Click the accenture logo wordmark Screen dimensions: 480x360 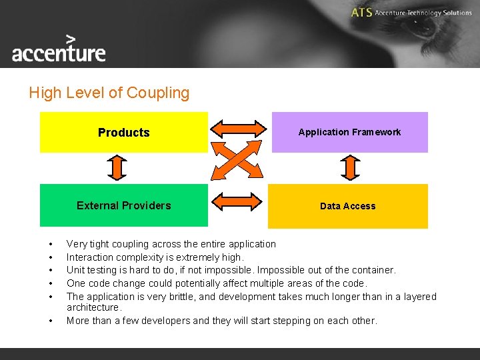click(59, 53)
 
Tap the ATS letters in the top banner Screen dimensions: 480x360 click(361, 13)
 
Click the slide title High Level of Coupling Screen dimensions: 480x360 click(109, 93)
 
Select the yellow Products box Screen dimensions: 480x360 click(124, 132)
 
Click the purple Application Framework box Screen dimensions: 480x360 click(349, 132)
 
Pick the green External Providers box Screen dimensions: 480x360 click(124, 205)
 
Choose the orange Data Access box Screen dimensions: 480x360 click(347, 206)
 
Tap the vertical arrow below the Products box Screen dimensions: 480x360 click(118, 168)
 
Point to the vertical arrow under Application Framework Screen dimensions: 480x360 click(349, 168)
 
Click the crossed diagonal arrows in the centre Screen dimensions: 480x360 click(238, 161)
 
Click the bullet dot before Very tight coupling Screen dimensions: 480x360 click(50, 244)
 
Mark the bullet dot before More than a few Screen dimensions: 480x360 click(50, 321)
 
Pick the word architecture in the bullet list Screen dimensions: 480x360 click(93, 307)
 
